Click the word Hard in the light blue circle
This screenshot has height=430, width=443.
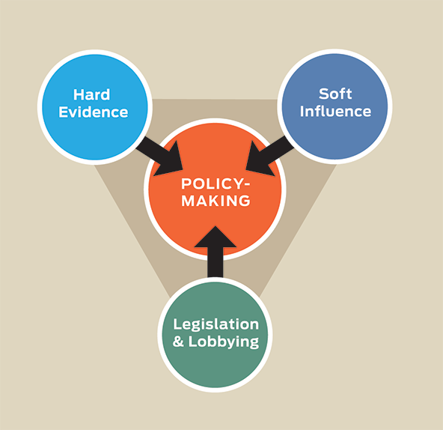[91, 95]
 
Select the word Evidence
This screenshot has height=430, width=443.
[94, 112]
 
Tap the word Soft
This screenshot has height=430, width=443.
[335, 94]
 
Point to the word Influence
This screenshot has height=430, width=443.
[335, 111]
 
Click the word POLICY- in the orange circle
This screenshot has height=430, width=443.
[216, 184]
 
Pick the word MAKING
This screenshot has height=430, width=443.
[216, 201]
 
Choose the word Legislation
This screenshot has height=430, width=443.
[216, 324]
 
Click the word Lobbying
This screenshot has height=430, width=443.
[224, 342]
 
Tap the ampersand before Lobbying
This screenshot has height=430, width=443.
[178, 342]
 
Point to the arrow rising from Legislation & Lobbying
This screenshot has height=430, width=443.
[216, 252]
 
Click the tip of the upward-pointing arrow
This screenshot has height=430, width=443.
[216, 226]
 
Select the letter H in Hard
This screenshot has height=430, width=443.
[79, 95]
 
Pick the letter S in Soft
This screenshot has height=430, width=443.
[324, 94]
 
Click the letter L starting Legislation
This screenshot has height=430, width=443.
[177, 324]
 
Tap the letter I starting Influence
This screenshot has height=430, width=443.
[302, 111]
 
